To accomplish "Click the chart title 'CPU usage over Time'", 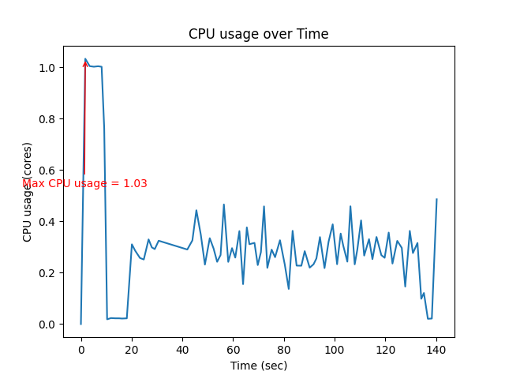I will click(258, 34).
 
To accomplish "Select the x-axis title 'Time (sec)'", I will click(258, 366).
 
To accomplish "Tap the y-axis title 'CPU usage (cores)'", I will click(28, 192).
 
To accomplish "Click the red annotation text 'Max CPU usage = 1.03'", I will click(84, 183).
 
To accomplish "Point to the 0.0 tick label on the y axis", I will click(47, 325).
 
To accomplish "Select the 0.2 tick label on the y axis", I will click(47, 273).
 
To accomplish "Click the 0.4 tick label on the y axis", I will click(47, 222).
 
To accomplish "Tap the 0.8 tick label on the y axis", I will click(47, 119).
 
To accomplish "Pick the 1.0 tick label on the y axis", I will click(47, 68).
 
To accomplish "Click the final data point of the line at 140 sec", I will click(436, 199).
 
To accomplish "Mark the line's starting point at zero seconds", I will click(80, 324).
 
